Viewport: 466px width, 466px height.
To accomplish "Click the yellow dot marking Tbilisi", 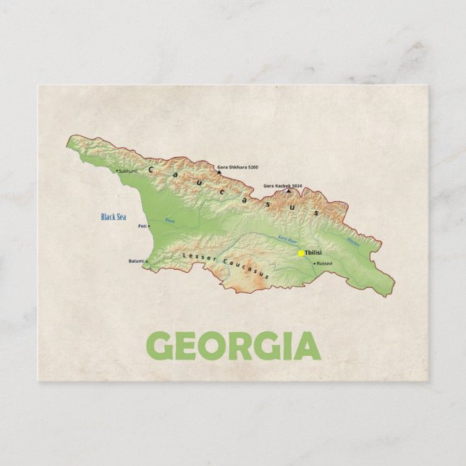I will (301, 253).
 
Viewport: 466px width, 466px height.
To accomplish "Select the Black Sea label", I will (113, 216).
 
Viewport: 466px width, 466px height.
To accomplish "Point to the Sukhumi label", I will (127, 171).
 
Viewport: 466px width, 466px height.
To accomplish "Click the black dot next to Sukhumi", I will (116, 171).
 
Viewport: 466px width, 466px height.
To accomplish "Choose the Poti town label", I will (142, 226).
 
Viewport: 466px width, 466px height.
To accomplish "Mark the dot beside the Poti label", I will (149, 226).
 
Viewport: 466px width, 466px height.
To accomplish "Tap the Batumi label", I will (137, 261).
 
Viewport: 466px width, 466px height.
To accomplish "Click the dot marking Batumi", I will (147, 261).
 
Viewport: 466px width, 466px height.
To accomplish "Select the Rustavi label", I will (325, 263).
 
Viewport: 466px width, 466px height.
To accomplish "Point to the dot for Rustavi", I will (315, 263).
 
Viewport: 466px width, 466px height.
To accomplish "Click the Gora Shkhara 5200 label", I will (237, 167).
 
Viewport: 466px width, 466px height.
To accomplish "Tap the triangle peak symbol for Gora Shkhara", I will (219, 172).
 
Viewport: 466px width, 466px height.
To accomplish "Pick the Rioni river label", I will (170, 221).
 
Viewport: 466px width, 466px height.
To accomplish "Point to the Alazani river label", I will (353, 242).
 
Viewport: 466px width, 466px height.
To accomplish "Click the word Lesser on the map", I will (196, 256).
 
